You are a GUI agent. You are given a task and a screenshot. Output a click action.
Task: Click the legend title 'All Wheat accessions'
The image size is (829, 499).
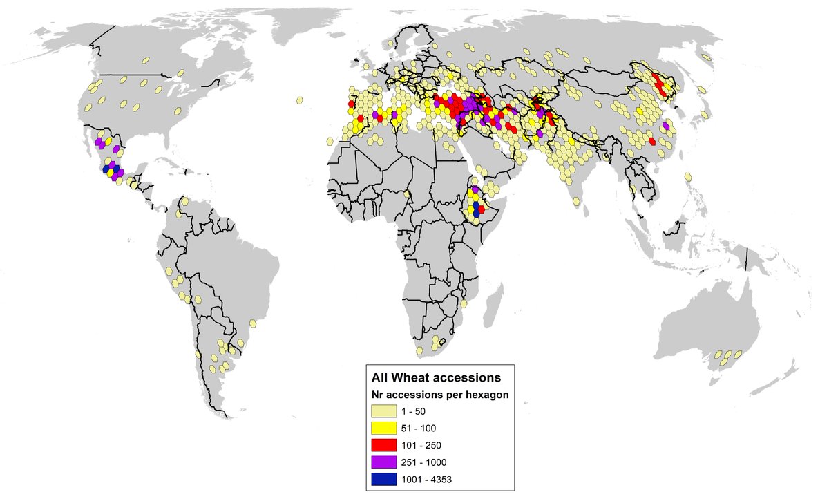[x=436, y=378]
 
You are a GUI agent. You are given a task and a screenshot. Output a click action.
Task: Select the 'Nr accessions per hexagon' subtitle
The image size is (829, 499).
[x=437, y=395]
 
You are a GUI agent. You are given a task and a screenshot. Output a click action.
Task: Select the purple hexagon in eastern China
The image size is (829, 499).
[x=665, y=126]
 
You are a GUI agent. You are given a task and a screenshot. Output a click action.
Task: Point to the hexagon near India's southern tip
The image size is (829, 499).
[x=575, y=201]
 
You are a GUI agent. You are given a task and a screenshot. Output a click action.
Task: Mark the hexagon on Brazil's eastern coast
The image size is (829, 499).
[x=253, y=323]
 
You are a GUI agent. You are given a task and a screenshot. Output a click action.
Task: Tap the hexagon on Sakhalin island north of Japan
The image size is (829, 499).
[x=707, y=58]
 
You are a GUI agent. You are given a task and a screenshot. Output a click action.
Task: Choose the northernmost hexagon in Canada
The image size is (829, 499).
[x=146, y=60]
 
